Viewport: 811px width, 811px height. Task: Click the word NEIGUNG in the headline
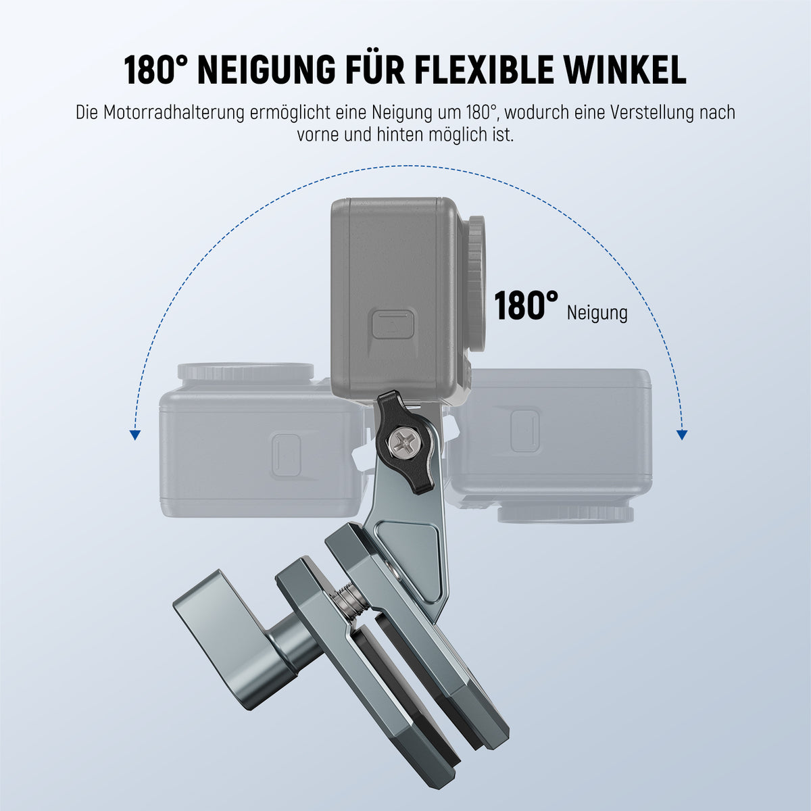click(x=266, y=70)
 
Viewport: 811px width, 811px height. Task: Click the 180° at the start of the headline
click(x=155, y=70)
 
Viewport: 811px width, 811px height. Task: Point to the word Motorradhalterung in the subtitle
click(x=174, y=113)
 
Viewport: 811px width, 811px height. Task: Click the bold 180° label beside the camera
click(x=526, y=306)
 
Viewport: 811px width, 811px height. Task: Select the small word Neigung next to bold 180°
click(x=597, y=313)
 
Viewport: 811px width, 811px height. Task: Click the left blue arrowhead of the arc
click(x=134, y=435)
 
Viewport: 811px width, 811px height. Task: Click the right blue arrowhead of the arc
click(x=682, y=435)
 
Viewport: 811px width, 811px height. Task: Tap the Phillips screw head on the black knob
click(x=402, y=443)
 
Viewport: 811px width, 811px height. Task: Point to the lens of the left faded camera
click(x=245, y=371)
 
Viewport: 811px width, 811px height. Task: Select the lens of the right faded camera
click(x=566, y=514)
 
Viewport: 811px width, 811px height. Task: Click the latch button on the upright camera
click(x=393, y=324)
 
